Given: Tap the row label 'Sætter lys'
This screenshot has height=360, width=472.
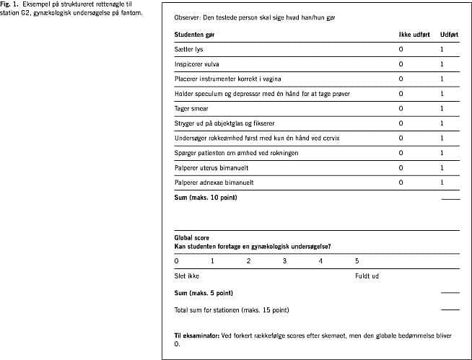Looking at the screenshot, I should (189, 49).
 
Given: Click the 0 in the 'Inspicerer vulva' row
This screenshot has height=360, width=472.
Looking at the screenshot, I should (401, 64).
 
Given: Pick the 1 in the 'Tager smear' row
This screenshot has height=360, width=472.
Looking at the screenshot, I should (442, 108).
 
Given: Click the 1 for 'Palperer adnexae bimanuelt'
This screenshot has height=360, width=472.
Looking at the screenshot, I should (442, 183).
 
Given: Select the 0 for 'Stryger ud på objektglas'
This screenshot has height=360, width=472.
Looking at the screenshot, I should (401, 123).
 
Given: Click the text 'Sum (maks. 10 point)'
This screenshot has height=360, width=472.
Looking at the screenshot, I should (205, 197).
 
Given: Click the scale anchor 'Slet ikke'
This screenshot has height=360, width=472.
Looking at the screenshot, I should (186, 276).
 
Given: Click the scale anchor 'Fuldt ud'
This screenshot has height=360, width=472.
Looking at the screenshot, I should (367, 276).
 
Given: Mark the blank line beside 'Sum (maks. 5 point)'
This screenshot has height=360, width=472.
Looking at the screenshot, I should (450, 293).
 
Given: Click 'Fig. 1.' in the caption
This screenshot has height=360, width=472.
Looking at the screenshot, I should (9, 4).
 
